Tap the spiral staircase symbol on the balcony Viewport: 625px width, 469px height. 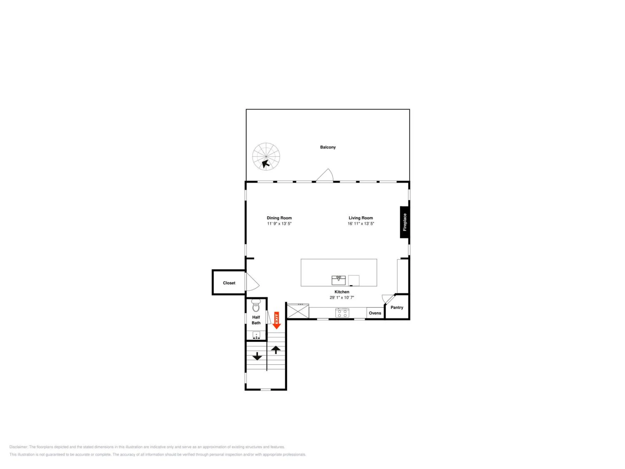266,156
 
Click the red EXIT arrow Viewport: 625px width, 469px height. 276,320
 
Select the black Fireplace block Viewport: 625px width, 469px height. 405,222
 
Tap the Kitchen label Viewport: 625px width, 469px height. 342,292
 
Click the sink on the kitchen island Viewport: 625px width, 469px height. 339,280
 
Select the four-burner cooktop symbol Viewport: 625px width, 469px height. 342,313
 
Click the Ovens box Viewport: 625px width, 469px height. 375,313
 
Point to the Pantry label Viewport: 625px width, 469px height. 397,307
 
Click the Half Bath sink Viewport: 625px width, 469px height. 256,335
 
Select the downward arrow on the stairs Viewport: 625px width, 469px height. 257,356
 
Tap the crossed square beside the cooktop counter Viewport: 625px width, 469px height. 298,311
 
